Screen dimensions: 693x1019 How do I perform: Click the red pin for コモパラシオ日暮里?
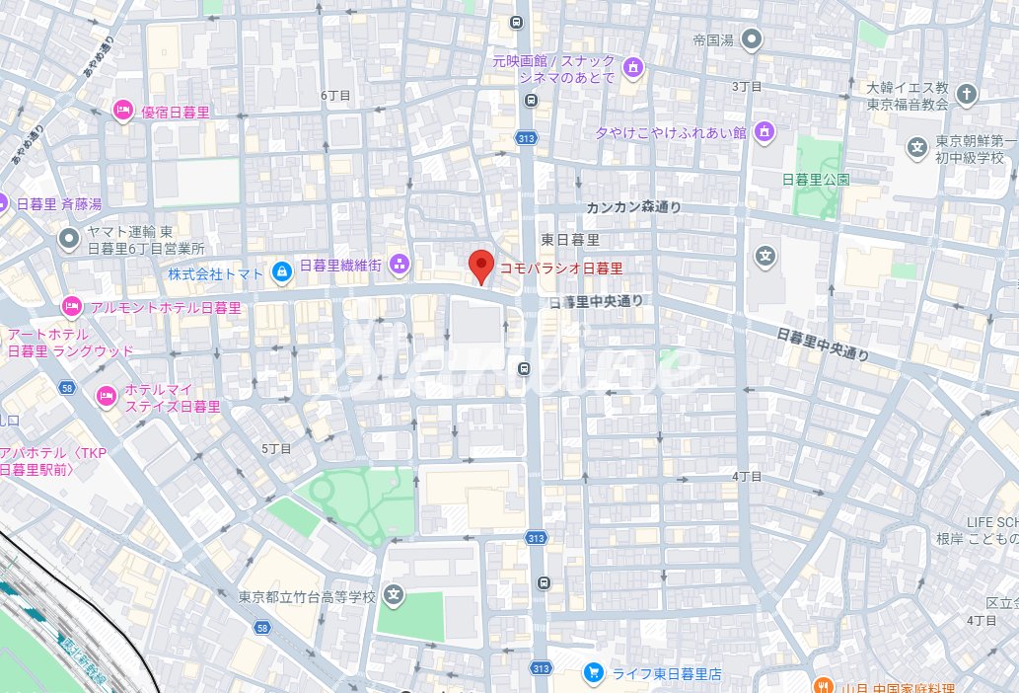point(480,265)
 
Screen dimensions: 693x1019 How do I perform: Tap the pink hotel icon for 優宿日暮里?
point(123,110)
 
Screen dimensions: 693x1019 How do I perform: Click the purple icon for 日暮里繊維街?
point(400,264)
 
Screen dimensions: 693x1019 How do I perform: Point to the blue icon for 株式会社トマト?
point(282,270)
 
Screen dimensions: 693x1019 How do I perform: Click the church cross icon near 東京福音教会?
point(967,95)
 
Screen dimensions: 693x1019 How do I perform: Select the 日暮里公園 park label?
point(815,180)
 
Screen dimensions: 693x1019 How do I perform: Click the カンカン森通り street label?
point(633,207)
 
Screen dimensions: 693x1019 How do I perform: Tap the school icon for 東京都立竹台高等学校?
point(394,595)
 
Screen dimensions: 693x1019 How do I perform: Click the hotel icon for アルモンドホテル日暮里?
point(71,307)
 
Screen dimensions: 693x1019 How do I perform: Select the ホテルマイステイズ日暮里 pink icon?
point(106,396)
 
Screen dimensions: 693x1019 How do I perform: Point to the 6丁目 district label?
point(335,95)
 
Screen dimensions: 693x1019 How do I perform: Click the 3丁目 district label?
point(747,87)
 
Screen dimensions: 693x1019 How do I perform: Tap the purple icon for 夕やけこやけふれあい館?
point(764,131)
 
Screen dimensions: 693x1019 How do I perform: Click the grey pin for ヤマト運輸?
point(68,237)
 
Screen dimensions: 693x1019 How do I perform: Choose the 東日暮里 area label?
point(571,240)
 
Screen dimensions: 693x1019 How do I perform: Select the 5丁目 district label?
point(277,448)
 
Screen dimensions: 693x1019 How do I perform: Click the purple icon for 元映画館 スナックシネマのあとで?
point(633,68)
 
